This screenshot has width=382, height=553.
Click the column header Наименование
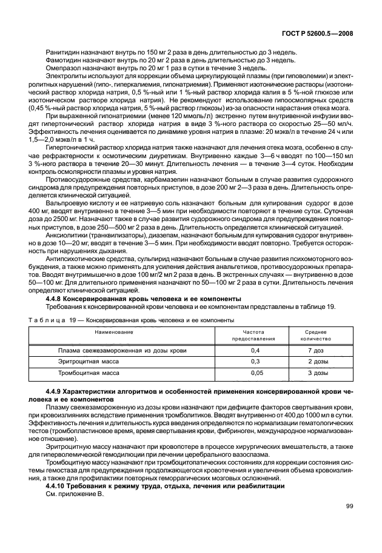tap(114, 333)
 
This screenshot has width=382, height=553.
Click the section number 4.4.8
tap(56, 299)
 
